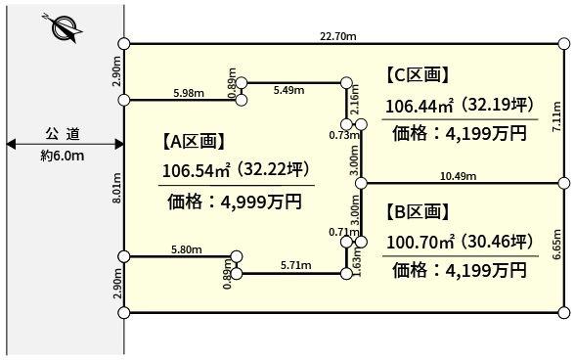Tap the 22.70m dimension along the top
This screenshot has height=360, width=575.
337,35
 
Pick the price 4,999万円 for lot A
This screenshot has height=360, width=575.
235,202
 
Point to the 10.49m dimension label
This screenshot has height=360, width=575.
459,176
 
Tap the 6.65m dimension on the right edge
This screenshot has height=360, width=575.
556,246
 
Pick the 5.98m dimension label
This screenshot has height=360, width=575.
188,93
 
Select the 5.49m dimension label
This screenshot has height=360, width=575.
290,90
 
